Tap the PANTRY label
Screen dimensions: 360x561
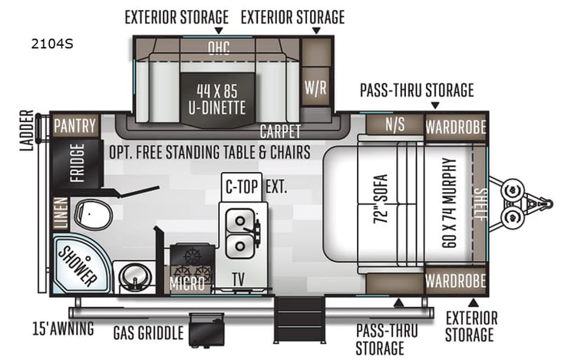(74, 125)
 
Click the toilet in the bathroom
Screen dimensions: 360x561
(94, 214)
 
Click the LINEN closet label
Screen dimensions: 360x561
(59, 213)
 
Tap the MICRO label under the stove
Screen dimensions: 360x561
(188, 283)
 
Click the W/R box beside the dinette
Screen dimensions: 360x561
(315, 87)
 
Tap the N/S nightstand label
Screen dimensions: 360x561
(395, 125)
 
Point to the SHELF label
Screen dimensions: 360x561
(480, 204)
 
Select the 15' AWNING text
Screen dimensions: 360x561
(63, 329)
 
